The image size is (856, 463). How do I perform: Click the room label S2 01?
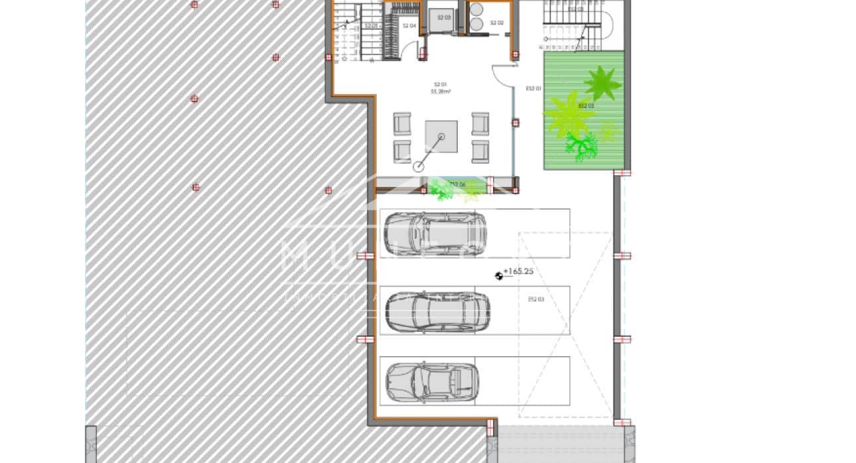point(440,84)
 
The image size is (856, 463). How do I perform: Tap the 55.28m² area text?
point(441,92)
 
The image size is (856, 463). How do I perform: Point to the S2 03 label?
point(444,18)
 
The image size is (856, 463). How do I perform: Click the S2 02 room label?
point(496,23)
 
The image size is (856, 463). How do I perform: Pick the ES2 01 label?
point(534,88)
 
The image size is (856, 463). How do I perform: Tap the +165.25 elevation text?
point(518,271)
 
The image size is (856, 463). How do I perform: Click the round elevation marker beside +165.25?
point(499,276)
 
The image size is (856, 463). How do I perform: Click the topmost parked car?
point(435,233)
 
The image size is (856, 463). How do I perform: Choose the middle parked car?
point(437,311)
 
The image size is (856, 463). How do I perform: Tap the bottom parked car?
point(432,382)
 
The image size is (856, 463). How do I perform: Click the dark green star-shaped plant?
point(603,83)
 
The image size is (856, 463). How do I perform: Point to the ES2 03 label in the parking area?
point(535,300)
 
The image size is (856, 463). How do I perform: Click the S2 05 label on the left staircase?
point(371,26)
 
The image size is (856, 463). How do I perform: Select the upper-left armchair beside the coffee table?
point(402,124)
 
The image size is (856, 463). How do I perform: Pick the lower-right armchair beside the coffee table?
point(480,152)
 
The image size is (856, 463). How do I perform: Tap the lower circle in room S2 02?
point(476,25)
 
